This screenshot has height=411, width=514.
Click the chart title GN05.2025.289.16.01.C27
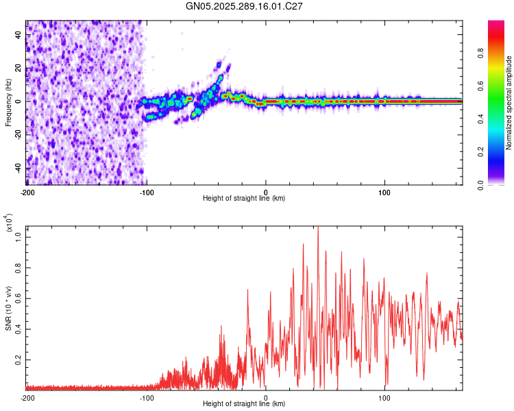[x=245, y=6]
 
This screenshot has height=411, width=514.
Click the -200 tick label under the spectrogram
[x=27, y=192]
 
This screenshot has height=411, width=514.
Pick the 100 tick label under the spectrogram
[x=384, y=192]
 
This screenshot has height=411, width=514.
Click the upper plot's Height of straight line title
[x=244, y=199]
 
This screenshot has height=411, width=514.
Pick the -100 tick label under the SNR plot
[x=147, y=397]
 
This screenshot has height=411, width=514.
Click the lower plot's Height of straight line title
[x=244, y=404]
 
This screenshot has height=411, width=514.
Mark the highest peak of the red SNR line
[x=318, y=228]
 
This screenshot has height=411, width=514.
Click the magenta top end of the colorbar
[x=496, y=23]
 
